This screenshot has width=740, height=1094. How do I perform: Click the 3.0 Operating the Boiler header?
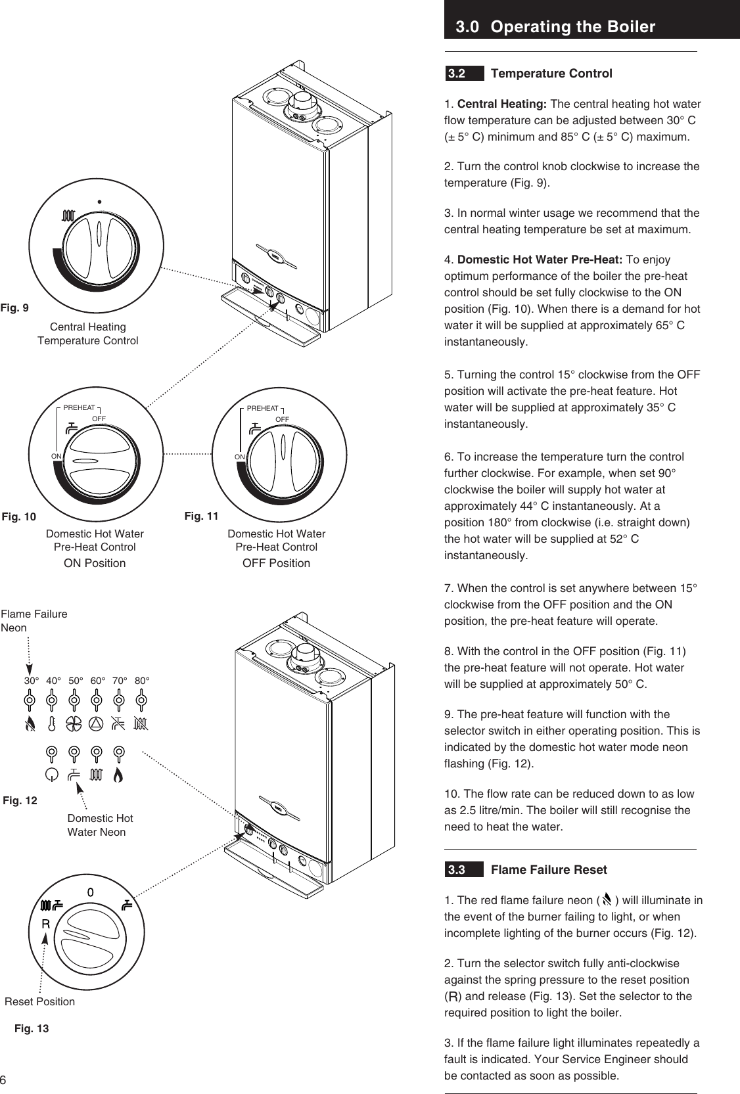point(555,27)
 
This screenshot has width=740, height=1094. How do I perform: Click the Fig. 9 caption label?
point(14,308)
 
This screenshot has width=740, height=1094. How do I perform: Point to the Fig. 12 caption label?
point(20,800)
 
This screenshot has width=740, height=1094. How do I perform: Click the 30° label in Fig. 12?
point(32,681)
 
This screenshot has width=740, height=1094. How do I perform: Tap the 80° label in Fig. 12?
point(142,681)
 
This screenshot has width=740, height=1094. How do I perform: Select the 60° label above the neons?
point(98,681)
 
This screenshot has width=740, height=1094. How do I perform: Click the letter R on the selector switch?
point(45,924)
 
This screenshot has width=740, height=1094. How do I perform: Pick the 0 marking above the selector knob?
point(91,892)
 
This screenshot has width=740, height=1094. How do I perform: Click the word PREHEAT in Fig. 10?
point(79,408)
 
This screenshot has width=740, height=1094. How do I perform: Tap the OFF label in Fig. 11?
point(282,419)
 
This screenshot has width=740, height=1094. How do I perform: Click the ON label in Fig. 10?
point(57,455)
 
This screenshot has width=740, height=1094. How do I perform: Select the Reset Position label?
point(39,1001)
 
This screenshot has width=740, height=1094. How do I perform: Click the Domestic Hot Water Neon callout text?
point(100,825)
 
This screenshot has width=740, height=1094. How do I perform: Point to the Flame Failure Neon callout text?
point(34,620)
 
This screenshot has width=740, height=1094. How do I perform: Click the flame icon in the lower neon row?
point(118,775)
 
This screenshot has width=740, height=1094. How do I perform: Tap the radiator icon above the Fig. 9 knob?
point(68,216)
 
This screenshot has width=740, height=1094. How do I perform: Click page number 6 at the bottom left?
point(3,1080)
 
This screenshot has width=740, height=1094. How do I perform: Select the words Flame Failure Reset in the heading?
point(549,870)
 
